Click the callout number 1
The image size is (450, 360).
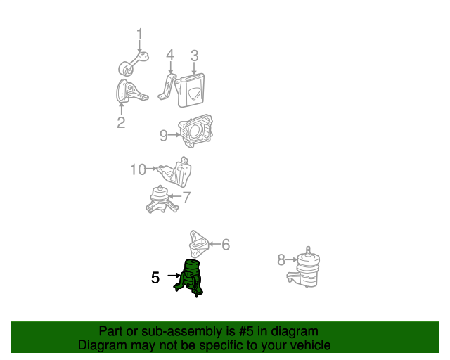click(x=139, y=34)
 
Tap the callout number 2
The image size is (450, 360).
click(x=121, y=123)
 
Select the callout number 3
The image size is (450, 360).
click(x=195, y=55)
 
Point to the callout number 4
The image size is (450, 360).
click(x=169, y=55)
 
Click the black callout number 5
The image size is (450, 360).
click(x=155, y=278)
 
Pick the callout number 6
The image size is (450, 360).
click(x=225, y=245)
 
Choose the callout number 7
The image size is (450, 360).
click(x=186, y=198)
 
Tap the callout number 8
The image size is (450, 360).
click(x=281, y=260)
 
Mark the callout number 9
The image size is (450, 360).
click(x=163, y=135)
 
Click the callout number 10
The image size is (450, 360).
click(x=138, y=169)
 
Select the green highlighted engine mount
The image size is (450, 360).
click(x=191, y=278)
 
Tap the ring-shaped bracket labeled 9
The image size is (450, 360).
click(x=196, y=131)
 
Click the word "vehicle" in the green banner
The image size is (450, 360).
click(x=307, y=345)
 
